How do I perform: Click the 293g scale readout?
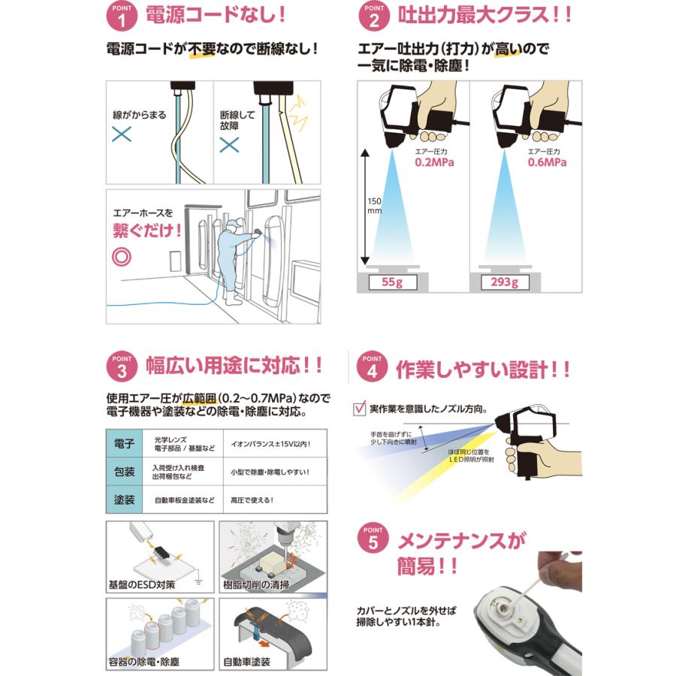coord(503,282)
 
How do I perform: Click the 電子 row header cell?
coord(123,443)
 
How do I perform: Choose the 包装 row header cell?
coord(123,472)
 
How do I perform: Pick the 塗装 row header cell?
coord(123,499)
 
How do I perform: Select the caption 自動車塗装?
coord(247,662)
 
